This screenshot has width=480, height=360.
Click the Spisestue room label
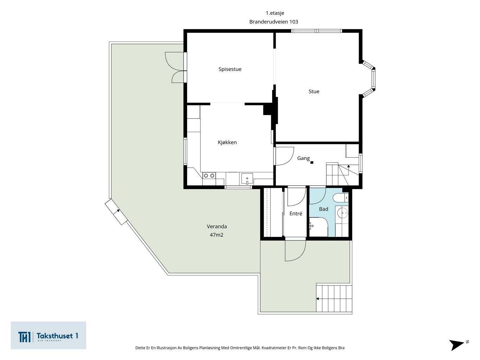point(230,69)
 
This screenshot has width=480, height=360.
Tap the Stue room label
point(314,91)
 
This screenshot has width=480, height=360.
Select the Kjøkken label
point(227,142)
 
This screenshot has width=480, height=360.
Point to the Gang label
point(303,158)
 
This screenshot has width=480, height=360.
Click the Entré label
point(296,213)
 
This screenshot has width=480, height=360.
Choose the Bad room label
point(324,209)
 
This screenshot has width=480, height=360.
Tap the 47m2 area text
point(217,235)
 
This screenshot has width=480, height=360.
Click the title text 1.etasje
point(275,13)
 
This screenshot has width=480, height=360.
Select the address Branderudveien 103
point(274,22)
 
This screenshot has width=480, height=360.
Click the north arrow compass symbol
point(458,345)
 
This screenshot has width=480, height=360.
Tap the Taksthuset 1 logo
point(48,335)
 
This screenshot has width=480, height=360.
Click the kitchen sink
point(247,179)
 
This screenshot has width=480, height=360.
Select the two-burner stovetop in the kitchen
point(209,175)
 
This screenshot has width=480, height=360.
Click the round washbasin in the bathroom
point(343,213)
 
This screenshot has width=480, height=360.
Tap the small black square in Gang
point(312,162)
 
